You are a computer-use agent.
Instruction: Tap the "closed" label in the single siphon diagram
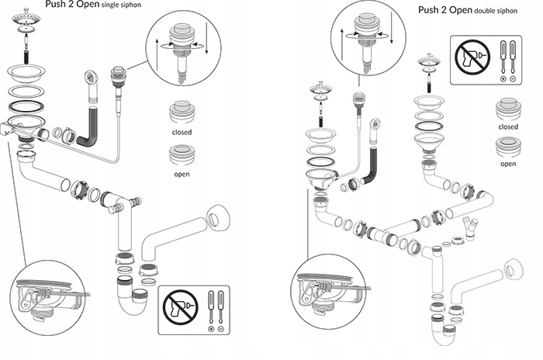pos(182,132)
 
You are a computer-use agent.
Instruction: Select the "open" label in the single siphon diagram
pos(182,174)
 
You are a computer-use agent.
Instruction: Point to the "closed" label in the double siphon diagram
pos(508,126)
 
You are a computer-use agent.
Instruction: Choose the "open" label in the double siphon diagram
pos(508,164)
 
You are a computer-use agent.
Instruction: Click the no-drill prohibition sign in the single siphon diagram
pos(179,310)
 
